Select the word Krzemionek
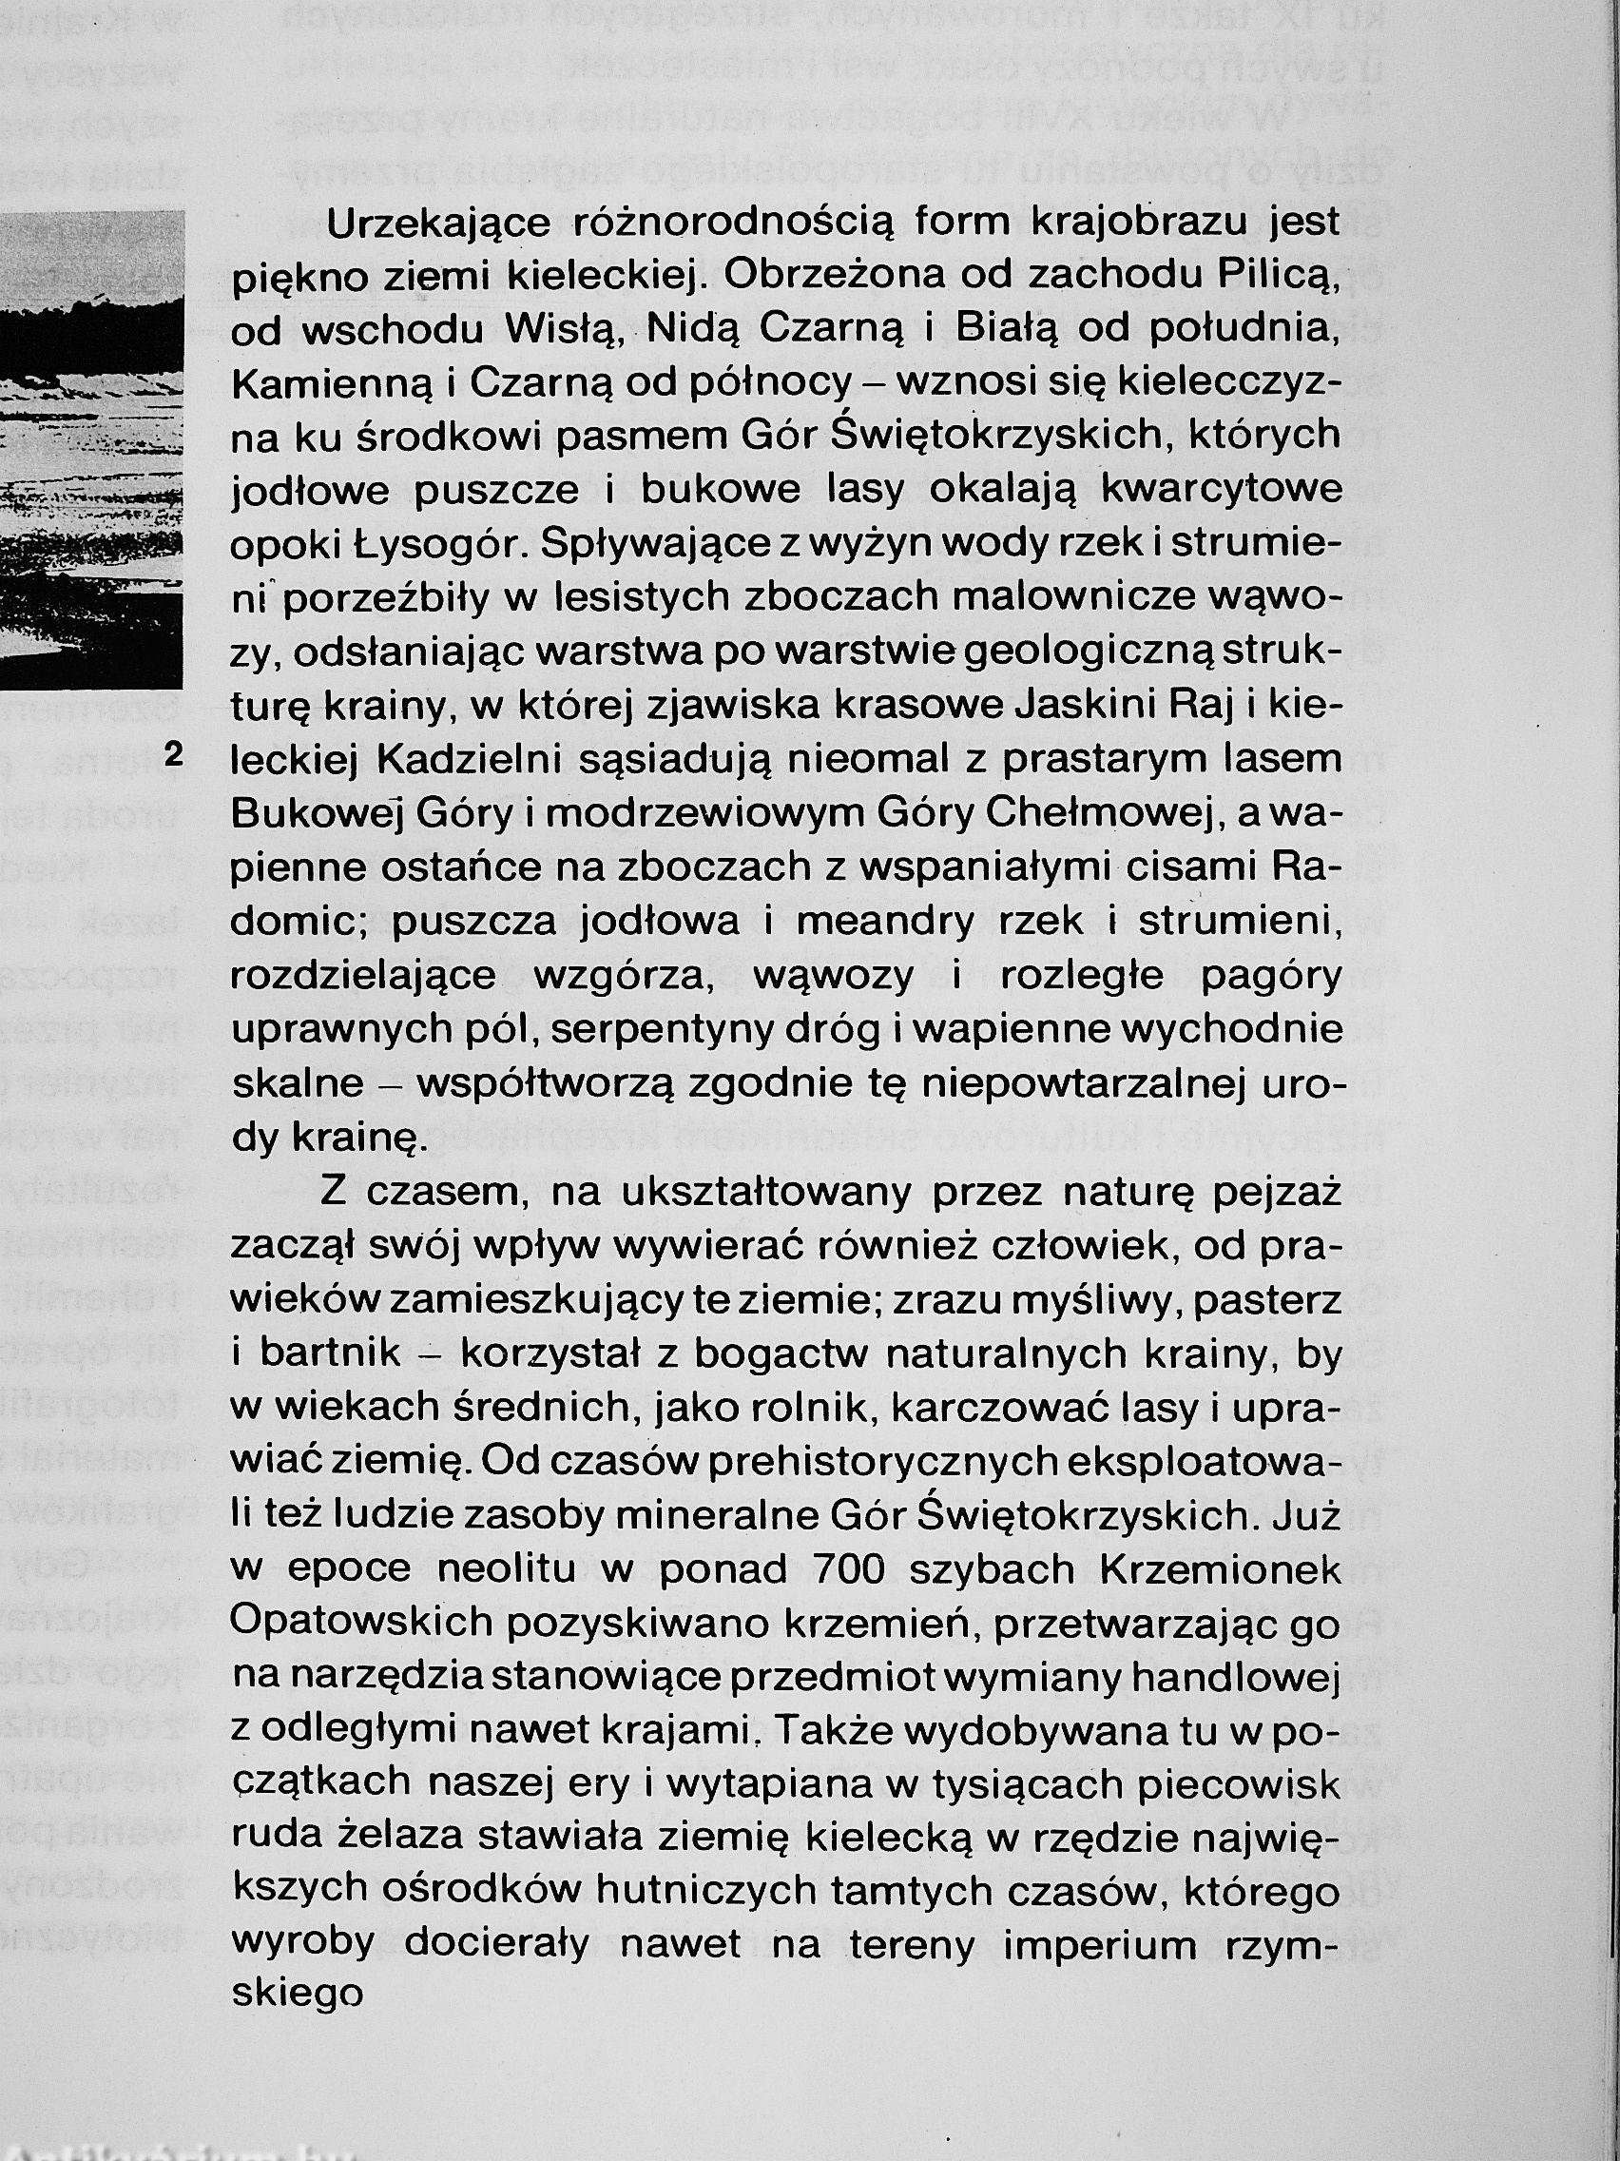[1221, 1568]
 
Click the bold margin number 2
[175, 754]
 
